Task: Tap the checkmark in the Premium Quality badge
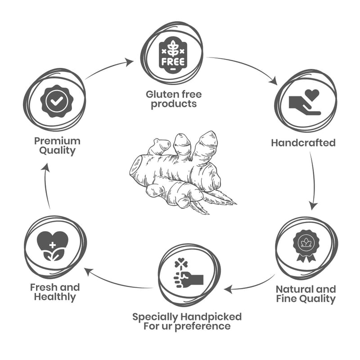click(x=56, y=102)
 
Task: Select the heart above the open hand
click(x=311, y=94)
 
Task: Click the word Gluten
click(x=160, y=94)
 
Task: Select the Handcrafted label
click(x=303, y=143)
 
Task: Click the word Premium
click(x=57, y=140)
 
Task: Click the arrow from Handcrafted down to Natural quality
click(x=313, y=180)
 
